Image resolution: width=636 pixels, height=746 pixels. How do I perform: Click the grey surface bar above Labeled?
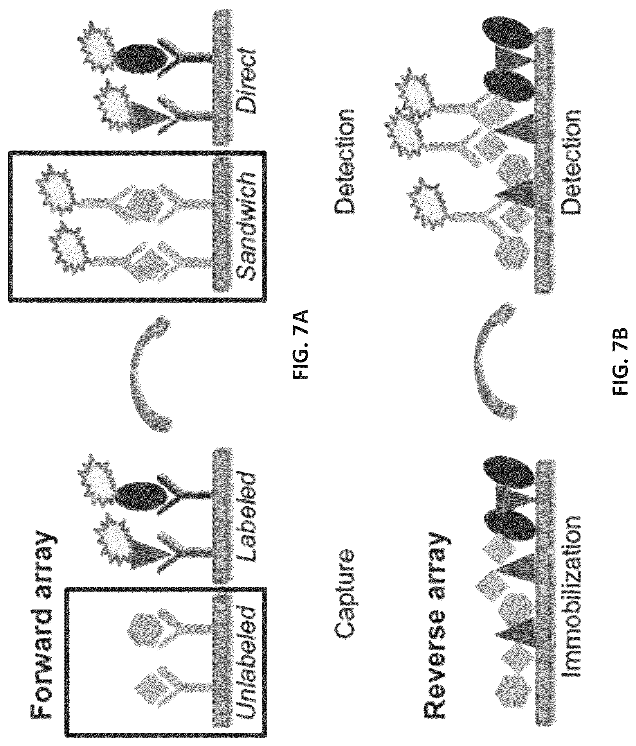pos(222,516)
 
